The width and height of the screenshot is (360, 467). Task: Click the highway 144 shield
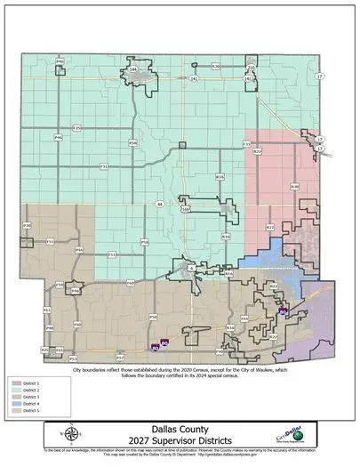[133, 68]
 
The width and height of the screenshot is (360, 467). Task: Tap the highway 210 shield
[185, 209]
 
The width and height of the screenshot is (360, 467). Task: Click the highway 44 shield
[160, 204]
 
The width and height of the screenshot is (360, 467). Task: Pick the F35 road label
[76, 128]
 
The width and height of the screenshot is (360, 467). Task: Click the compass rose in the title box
[74, 434]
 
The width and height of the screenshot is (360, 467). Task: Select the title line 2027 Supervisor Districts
[180, 439]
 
